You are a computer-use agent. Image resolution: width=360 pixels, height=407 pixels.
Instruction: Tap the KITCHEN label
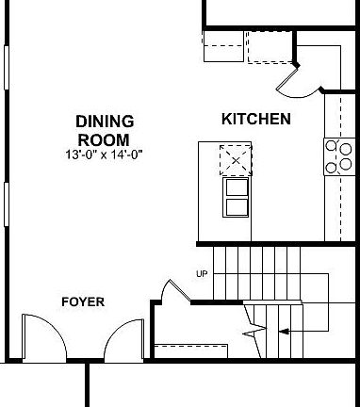pos(254,120)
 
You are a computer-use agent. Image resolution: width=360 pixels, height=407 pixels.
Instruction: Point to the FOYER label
pos(82,302)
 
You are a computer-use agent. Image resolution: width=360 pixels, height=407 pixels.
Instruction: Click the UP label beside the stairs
pos(201,274)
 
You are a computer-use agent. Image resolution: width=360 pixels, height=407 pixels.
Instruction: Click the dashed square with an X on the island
pos(235,160)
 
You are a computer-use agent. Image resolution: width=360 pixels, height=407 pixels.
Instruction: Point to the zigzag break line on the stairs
pos(251,323)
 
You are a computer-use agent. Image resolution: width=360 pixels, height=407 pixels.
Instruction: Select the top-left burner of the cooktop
pos(332,147)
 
